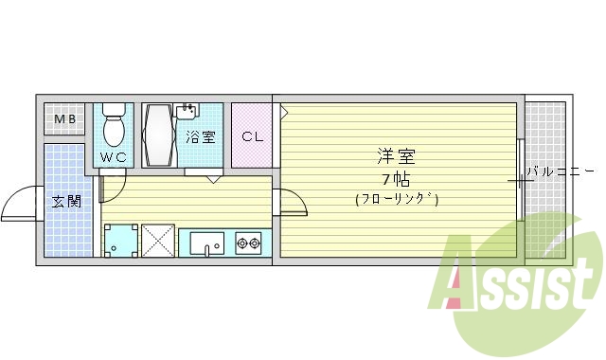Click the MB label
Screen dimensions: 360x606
click(x=64, y=119)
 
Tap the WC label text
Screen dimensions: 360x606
click(x=114, y=157)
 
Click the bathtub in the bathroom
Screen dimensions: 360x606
click(x=158, y=135)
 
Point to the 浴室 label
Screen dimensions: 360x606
click(x=200, y=137)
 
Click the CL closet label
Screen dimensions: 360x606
click(x=252, y=136)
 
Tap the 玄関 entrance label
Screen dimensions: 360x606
click(x=65, y=201)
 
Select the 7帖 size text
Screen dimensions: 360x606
click(x=396, y=178)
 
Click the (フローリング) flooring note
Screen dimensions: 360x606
click(x=397, y=199)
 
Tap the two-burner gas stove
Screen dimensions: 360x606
click(x=248, y=244)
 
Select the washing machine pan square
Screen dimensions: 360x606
click(x=120, y=241)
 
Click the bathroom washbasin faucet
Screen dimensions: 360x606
click(x=187, y=111)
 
